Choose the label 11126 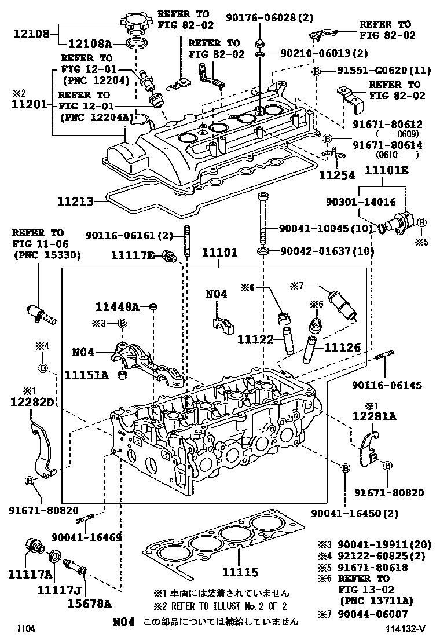click(342, 347)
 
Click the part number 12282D click(33, 401)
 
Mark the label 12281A click(375, 416)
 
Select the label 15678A click(88, 603)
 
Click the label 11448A click(118, 307)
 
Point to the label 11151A click(86, 375)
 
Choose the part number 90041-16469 click(87, 537)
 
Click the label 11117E click(133, 255)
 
